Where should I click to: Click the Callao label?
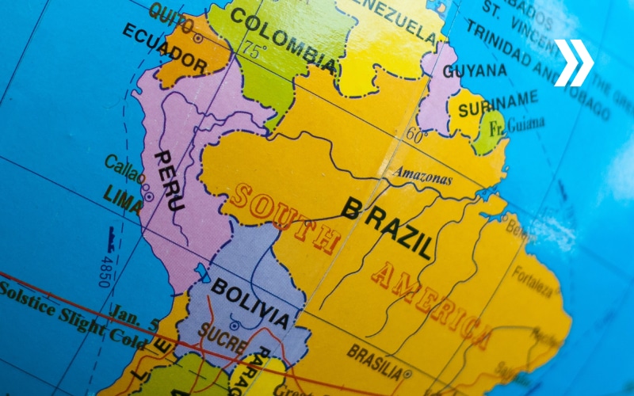125,169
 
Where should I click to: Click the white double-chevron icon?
573,63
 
